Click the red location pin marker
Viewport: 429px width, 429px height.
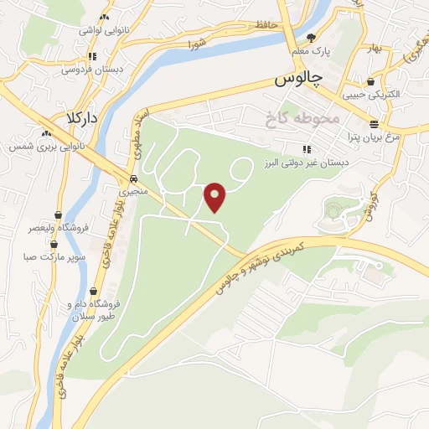(216, 197)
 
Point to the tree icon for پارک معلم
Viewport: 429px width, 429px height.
(312, 37)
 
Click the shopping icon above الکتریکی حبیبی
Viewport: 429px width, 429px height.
(370, 82)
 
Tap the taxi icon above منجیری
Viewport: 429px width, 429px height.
(134, 178)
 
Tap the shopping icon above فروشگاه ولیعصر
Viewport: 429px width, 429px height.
(57, 214)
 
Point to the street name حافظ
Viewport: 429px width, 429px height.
(266, 25)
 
